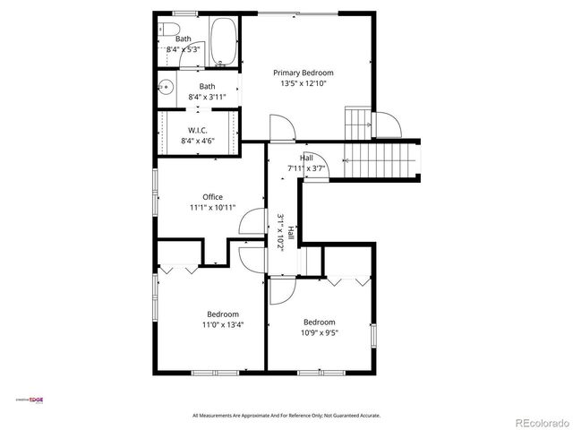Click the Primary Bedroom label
click(x=303, y=73)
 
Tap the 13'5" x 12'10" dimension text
click(x=303, y=83)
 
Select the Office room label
click(x=212, y=197)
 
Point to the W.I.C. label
click(x=198, y=130)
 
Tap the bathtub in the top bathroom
click(x=222, y=44)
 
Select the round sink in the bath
click(x=166, y=88)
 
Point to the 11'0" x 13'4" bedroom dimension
click(x=223, y=325)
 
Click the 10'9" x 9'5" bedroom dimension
click(x=319, y=333)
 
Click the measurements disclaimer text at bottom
click(x=286, y=416)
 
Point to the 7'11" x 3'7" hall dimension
click(x=306, y=168)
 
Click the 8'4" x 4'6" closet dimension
click(x=198, y=141)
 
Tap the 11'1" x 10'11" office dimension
click(x=212, y=208)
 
